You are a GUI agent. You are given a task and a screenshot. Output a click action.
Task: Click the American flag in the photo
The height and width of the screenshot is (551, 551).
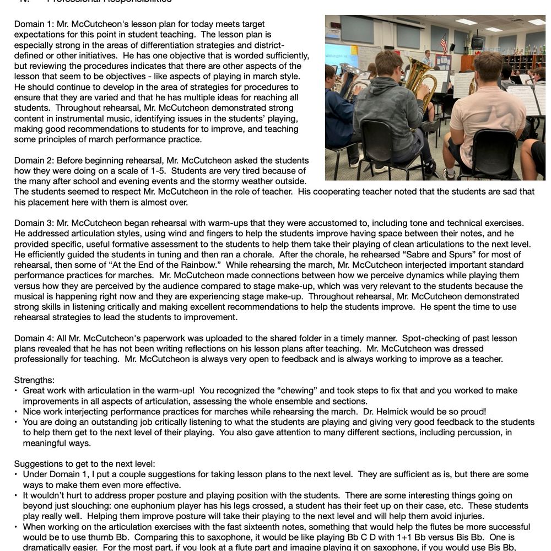pos(444,43)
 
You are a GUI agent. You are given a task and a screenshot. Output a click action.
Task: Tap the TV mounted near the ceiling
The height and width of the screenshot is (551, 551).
pos(477,42)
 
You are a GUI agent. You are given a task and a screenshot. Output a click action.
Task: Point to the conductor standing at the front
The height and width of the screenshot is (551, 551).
pos(426,57)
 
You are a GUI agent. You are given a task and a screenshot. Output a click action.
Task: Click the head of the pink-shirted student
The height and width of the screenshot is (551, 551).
pos(488,67)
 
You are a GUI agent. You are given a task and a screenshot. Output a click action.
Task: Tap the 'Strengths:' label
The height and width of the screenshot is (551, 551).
pos(34,380)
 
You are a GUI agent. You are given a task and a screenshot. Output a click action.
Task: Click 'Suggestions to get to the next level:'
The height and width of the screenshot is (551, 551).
pos(85,464)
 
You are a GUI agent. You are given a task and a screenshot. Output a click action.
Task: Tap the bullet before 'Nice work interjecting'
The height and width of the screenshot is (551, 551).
pos(17,412)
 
